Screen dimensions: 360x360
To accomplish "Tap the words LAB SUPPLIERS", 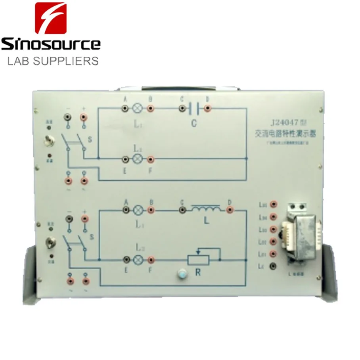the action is pos(53,61).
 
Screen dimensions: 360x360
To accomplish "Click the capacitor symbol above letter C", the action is pos(194,108).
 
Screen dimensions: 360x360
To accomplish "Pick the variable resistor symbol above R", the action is pos(203,259).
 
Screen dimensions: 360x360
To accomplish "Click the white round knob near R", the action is pos(182,274).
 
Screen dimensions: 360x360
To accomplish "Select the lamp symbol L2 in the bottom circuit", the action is pos(138,259).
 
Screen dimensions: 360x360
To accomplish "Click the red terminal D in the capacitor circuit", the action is pos(207,108).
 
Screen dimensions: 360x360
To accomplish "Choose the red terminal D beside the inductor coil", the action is pos(230,209).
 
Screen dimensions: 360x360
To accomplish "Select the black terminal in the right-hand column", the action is pos(272,266).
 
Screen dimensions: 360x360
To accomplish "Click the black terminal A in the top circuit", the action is pos(125,108).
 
